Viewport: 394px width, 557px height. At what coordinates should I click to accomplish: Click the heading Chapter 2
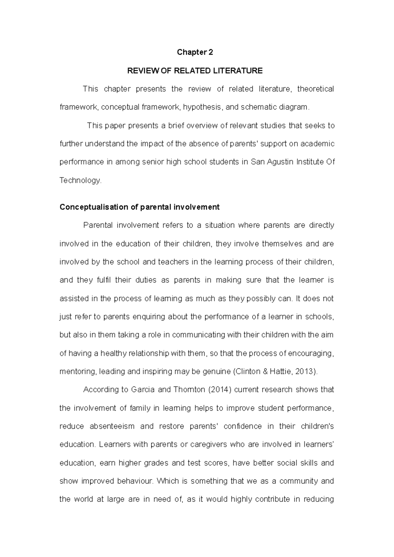tap(195, 52)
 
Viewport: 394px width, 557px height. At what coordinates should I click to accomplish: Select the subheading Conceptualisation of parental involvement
tap(139, 207)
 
